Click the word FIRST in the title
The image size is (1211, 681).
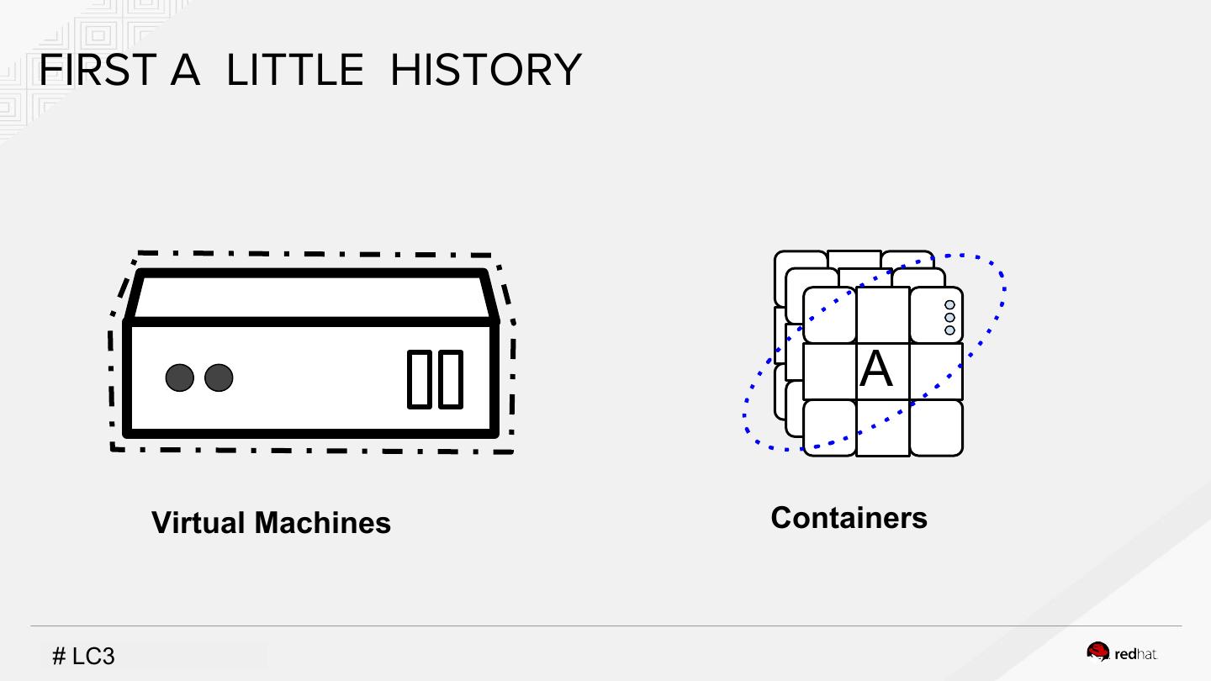pos(96,70)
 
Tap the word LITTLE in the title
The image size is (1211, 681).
pos(294,70)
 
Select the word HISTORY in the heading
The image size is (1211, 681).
pos(485,70)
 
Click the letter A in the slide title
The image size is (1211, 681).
pos(185,70)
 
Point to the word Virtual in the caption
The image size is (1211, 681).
pos(198,523)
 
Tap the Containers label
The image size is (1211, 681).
pos(849,518)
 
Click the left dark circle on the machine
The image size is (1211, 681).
pos(179,378)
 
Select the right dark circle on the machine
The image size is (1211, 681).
pos(219,378)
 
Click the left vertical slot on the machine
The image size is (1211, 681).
pos(420,380)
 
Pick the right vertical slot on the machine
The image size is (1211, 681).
pos(451,380)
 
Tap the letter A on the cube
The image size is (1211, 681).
pos(875,370)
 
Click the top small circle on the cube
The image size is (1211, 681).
pos(949,305)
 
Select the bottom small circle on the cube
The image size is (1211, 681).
pos(949,330)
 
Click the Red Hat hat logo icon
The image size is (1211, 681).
pos(1097,652)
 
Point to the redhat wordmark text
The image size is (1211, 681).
pos(1136,655)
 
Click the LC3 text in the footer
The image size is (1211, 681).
pos(93,657)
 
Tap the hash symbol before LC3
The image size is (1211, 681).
pos(59,657)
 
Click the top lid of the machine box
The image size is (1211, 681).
pos(311,297)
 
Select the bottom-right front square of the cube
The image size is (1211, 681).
pos(936,427)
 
